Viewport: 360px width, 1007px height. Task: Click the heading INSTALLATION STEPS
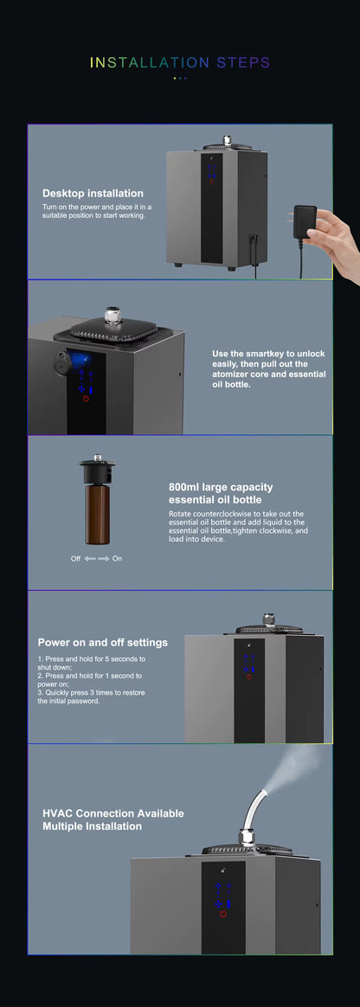180,62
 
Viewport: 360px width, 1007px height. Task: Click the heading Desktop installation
93,193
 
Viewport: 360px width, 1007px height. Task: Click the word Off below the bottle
75,558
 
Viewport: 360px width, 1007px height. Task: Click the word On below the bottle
117,558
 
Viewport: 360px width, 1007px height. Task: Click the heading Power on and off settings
102,642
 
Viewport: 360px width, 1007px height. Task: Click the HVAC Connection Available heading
112,813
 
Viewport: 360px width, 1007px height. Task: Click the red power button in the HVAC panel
223,914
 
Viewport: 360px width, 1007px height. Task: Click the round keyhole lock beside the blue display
61,362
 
